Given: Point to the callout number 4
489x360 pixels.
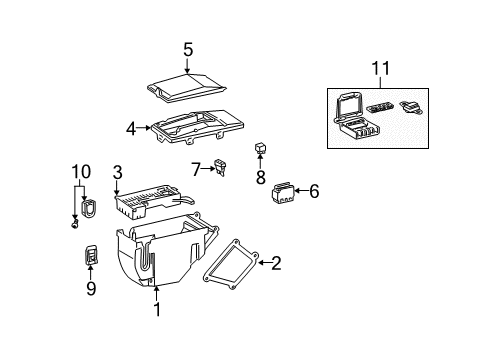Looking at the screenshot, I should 131,128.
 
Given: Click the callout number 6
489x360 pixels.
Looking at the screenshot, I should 314,190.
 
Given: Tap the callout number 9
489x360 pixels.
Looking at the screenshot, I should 91,289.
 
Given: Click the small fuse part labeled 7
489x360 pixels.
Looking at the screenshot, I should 222,169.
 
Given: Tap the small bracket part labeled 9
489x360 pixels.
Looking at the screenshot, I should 91,258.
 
